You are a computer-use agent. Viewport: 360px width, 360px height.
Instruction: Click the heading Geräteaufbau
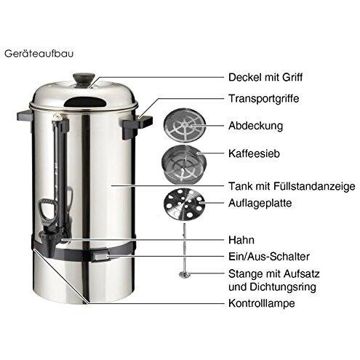[x=39, y=54]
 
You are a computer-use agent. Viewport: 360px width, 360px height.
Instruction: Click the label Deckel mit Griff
[x=265, y=77]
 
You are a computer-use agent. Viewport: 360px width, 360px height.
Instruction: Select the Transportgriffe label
[x=264, y=99]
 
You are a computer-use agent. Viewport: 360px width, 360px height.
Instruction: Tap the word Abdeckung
[x=255, y=126]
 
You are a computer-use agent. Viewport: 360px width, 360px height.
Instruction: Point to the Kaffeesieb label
[x=254, y=153]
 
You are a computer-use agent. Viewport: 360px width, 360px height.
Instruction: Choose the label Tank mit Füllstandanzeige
[x=292, y=186]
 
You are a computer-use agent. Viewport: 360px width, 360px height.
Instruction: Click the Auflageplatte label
[x=260, y=203]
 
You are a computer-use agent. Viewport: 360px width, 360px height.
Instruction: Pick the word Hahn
[x=241, y=240]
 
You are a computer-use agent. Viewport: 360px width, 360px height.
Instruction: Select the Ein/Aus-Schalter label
[x=269, y=257]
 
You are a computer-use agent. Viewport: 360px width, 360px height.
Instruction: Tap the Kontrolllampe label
[x=262, y=303]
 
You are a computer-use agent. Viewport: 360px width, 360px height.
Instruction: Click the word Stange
[x=246, y=274]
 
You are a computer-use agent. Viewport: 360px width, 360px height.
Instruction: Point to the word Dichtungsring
[x=283, y=287]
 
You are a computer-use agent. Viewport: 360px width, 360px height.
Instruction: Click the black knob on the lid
[x=84, y=78]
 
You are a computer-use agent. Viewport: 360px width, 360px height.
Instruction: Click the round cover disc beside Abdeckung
[x=183, y=125]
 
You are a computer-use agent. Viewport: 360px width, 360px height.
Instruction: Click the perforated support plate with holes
[x=184, y=205]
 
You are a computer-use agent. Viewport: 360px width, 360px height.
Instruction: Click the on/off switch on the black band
[x=100, y=256]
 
